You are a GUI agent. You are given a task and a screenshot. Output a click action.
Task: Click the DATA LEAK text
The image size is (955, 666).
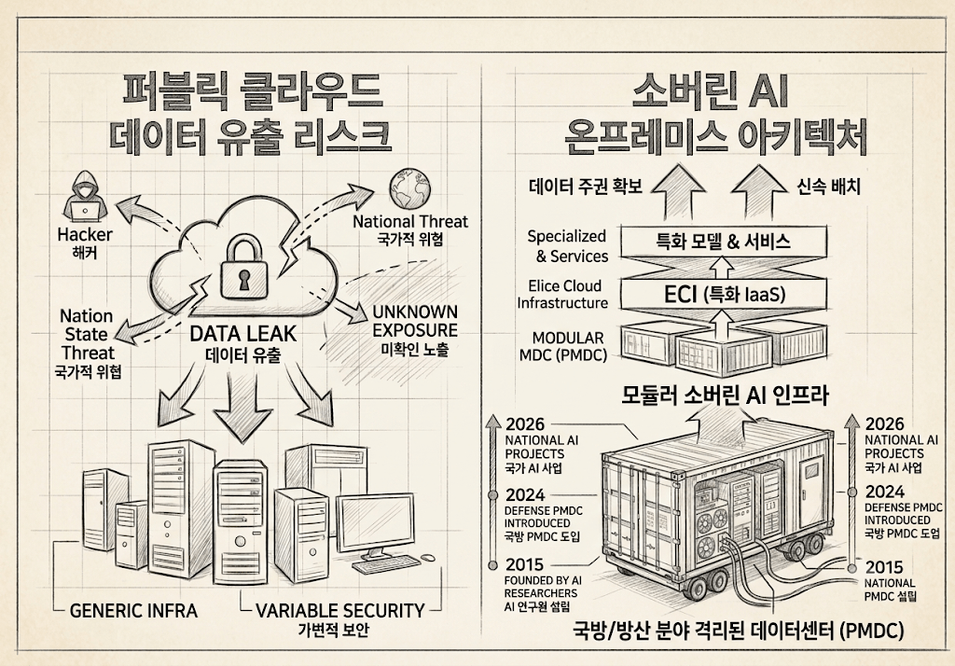coord(243,333)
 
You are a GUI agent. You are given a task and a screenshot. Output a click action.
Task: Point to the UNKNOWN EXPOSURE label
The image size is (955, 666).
coord(415,321)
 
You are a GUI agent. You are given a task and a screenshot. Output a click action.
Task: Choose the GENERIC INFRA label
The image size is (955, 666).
coord(134,611)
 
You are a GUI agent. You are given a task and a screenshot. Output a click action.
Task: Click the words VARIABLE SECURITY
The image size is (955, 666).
coord(339,611)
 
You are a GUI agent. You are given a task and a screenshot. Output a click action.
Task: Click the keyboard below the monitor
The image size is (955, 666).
coord(383,565)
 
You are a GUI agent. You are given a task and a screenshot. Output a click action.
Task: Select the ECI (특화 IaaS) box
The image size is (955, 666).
coord(724,295)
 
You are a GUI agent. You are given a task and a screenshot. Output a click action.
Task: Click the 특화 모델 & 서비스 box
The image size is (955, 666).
coord(724,242)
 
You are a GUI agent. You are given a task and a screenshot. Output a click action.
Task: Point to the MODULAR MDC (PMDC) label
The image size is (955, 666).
coord(562,346)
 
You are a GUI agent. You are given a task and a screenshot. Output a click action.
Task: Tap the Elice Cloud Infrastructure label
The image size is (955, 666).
coord(562,295)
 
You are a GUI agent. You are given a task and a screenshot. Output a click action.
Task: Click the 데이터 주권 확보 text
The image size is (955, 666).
coord(586,186)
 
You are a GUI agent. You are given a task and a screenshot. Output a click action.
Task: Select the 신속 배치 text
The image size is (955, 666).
coord(829,186)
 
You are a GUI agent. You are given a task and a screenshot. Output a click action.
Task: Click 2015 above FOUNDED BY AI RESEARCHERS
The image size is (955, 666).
coord(524,565)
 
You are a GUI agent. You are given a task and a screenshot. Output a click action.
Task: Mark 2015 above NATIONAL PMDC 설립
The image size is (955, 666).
coord(884,567)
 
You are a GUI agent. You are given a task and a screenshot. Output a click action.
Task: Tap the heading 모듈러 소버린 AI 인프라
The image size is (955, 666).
coord(725,395)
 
